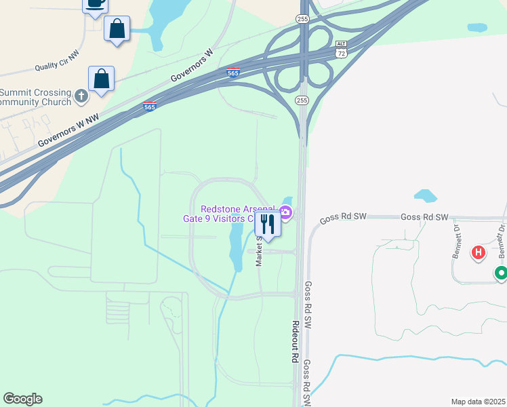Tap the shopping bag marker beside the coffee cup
click(x=117, y=29)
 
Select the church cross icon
click(x=81, y=96)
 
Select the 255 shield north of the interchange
click(x=302, y=20)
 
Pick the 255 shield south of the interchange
click(x=302, y=100)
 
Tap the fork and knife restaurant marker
click(x=268, y=225)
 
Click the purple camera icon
click(x=286, y=214)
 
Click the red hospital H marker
click(x=479, y=252)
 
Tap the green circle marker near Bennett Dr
click(x=501, y=273)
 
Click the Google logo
click(x=22, y=399)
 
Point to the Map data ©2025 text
click(x=478, y=402)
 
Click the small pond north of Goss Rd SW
click(x=426, y=195)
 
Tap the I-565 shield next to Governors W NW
click(x=150, y=106)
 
